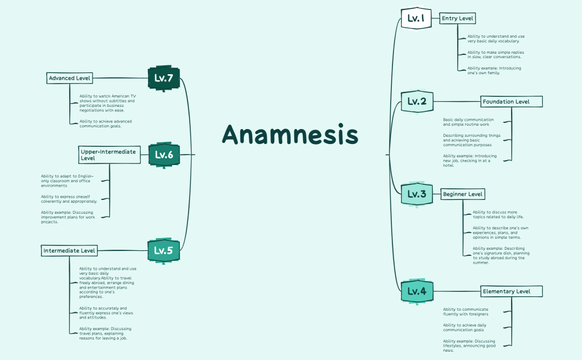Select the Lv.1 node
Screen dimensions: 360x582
(x=416, y=18)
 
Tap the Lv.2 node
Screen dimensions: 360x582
(x=417, y=101)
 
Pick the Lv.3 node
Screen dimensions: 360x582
(x=417, y=194)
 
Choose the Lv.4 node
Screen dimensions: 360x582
(x=417, y=291)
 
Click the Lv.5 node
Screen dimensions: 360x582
(x=164, y=250)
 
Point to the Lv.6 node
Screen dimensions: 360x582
(x=164, y=155)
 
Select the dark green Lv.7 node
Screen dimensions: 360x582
(x=164, y=78)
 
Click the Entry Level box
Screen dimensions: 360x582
(x=457, y=18)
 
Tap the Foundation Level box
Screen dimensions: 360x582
(x=511, y=102)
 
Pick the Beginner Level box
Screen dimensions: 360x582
(x=463, y=194)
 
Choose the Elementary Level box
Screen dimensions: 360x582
(x=511, y=291)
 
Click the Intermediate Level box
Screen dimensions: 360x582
(x=69, y=251)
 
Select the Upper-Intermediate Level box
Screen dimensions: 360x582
(x=108, y=155)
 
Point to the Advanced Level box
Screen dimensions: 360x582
(x=69, y=78)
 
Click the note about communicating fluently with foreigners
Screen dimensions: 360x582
(x=466, y=311)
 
